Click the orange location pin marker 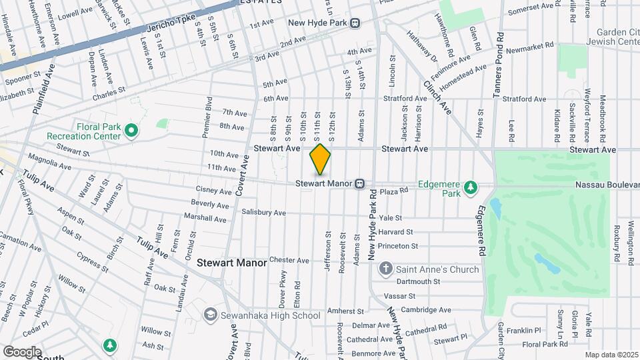(x=320, y=159)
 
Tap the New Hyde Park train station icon (x=355, y=23)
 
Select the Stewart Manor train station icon (x=359, y=183)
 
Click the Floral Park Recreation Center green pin (x=132, y=129)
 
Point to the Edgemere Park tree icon (x=471, y=187)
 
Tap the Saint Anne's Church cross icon (x=385, y=269)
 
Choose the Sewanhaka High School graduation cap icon (x=211, y=315)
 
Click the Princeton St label (x=397, y=246)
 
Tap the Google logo (x=22, y=352)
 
